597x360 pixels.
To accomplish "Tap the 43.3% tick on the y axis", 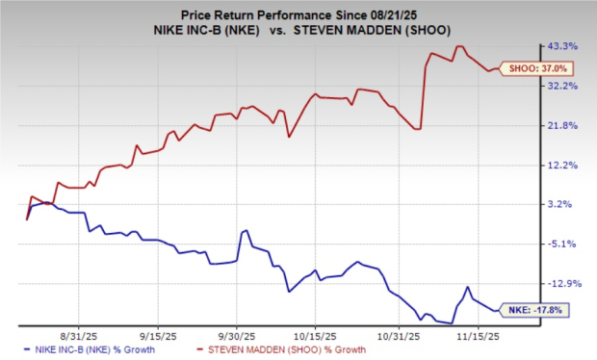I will [562, 45].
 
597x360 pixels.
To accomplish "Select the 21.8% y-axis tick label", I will [562, 125].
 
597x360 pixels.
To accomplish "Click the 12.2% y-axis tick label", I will [562, 165].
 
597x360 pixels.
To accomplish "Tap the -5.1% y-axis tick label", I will [560, 244].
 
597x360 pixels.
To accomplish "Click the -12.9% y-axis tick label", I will [562, 283].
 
